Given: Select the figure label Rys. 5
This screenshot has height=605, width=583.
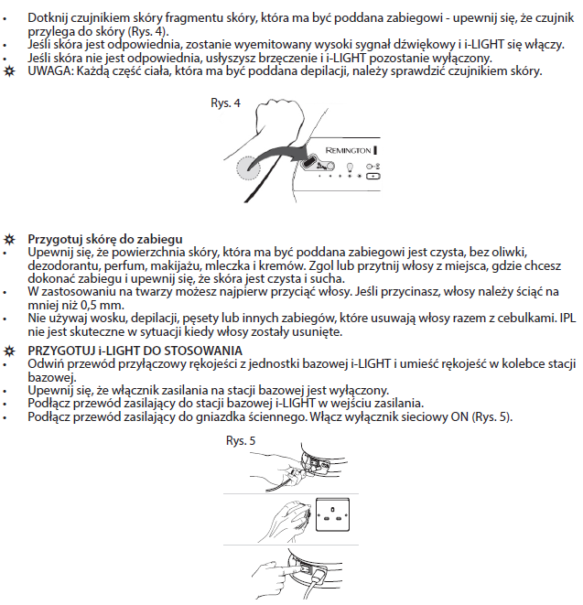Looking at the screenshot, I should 241,440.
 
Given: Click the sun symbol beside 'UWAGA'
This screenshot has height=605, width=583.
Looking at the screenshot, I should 10,71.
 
